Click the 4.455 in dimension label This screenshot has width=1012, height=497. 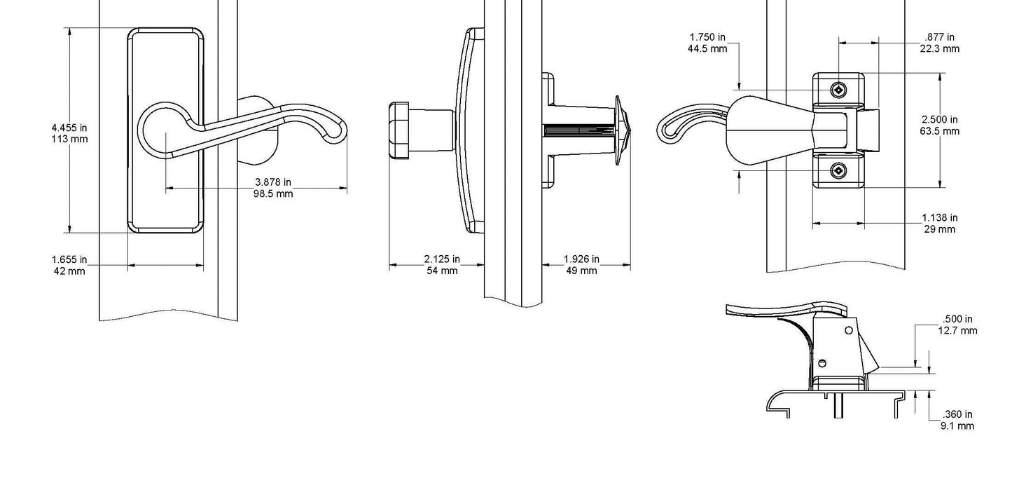tap(69, 128)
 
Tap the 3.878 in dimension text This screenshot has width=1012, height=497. tap(273, 182)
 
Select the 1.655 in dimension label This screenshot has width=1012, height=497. tap(69, 259)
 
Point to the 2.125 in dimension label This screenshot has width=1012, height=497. tap(442, 259)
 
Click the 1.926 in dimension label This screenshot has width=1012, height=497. tap(581, 259)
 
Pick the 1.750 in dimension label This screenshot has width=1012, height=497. tap(707, 37)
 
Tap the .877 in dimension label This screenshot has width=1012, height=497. tap(939, 37)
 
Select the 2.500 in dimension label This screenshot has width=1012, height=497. tap(940, 120)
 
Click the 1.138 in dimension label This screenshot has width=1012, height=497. tap(940, 218)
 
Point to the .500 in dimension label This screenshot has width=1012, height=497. tap(957, 319)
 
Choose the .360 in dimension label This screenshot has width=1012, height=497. tap(957, 414)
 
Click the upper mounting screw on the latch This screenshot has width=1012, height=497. tap(838, 90)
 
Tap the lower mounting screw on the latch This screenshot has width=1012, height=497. tap(838, 170)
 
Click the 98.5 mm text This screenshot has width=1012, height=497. tap(273, 193)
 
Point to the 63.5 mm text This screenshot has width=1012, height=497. tap(940, 131)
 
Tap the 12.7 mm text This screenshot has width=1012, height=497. tap(957, 330)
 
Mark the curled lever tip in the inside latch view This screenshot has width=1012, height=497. tap(667, 130)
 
